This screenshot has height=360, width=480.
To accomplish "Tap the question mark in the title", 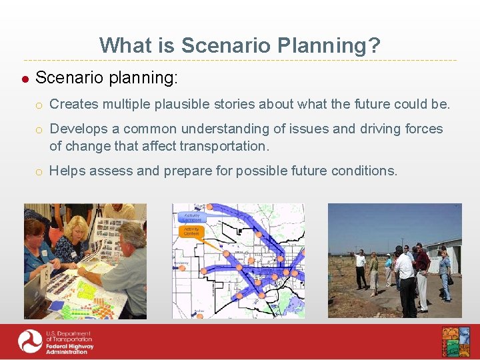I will click(x=375, y=45).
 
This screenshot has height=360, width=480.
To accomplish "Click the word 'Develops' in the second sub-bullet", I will click(x=76, y=129).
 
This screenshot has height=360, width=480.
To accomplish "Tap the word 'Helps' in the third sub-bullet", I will click(x=67, y=171).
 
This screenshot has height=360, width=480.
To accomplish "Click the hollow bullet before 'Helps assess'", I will click(x=40, y=171).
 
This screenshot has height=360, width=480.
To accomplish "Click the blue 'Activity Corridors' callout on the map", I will click(x=191, y=217).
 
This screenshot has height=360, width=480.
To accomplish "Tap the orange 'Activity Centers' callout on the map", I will click(x=191, y=231).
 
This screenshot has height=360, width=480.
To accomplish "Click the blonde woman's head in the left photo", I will click(x=79, y=227).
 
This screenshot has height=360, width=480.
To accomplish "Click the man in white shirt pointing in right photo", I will click(x=360, y=267).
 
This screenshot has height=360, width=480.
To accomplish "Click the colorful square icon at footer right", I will click(x=455, y=342).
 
